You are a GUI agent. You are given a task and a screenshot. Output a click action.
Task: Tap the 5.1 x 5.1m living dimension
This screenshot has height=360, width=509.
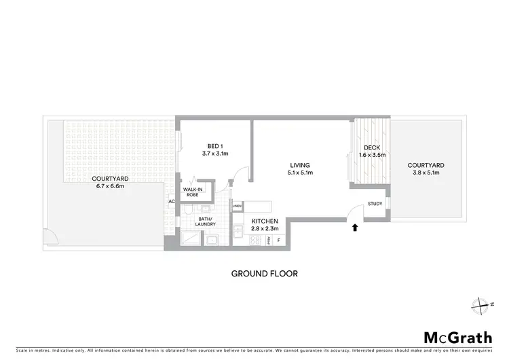[x=300, y=173]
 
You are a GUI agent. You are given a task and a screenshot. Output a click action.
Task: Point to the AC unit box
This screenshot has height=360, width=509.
[x=171, y=202]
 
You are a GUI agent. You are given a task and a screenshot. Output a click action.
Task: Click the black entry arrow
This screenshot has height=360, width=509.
[x=354, y=228]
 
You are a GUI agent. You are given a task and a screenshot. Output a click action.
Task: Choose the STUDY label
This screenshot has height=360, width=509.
[x=375, y=204]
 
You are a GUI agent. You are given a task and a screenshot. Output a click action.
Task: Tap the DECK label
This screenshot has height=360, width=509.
[x=371, y=147]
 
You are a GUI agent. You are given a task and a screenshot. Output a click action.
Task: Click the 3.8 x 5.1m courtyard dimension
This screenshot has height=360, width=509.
[x=426, y=173]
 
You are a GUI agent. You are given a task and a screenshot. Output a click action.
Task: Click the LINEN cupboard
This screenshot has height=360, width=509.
[x=237, y=206]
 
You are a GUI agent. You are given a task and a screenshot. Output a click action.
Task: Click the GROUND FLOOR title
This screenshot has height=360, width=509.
[x=264, y=274]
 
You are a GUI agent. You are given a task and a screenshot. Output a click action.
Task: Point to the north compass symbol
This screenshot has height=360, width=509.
[x=482, y=304]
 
